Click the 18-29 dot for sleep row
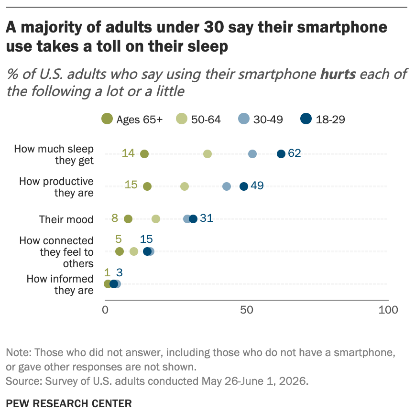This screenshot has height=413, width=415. (281, 154)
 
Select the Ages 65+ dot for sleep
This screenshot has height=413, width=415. (144, 154)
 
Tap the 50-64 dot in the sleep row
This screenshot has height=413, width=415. (207, 154)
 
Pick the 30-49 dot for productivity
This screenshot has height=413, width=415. (227, 186)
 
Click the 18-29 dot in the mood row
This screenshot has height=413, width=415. (193, 219)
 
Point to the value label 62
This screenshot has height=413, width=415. (295, 153)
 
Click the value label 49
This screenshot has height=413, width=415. (257, 186)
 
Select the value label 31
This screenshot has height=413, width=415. (207, 218)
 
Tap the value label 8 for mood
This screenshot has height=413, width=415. (115, 218)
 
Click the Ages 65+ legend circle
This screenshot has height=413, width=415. (107, 119)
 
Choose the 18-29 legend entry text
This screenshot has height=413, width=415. (330, 120)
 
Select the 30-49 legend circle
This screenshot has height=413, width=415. (244, 119)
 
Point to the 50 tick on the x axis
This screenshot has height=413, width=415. (247, 310)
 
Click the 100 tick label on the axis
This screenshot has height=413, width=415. (388, 310)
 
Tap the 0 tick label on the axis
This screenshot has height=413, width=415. (105, 310)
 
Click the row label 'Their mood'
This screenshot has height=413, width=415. (66, 219)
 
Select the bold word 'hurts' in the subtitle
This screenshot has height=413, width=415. (338, 74)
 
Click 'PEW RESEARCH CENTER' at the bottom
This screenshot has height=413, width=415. (69, 404)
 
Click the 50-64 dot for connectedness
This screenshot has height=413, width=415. (134, 251)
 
